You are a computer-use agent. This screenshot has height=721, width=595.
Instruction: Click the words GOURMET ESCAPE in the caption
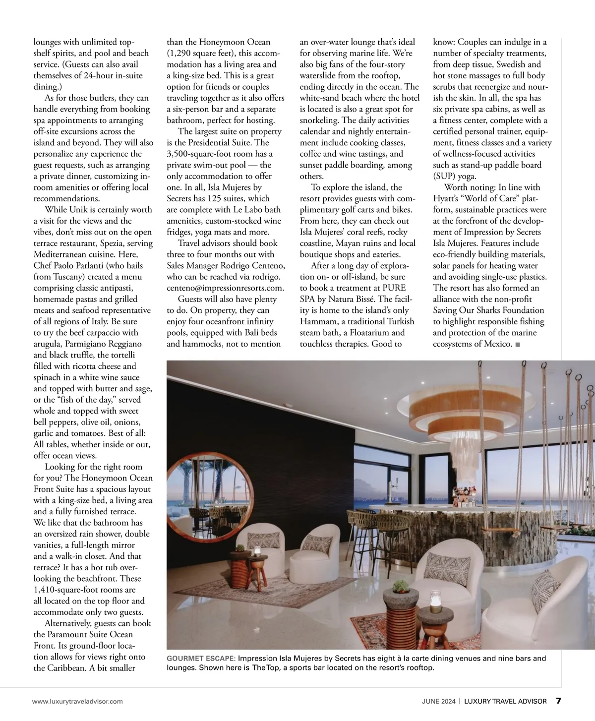pos(201,659)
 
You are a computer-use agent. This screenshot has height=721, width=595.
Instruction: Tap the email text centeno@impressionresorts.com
pos(225,288)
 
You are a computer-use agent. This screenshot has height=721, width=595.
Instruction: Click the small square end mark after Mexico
pos(518,344)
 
